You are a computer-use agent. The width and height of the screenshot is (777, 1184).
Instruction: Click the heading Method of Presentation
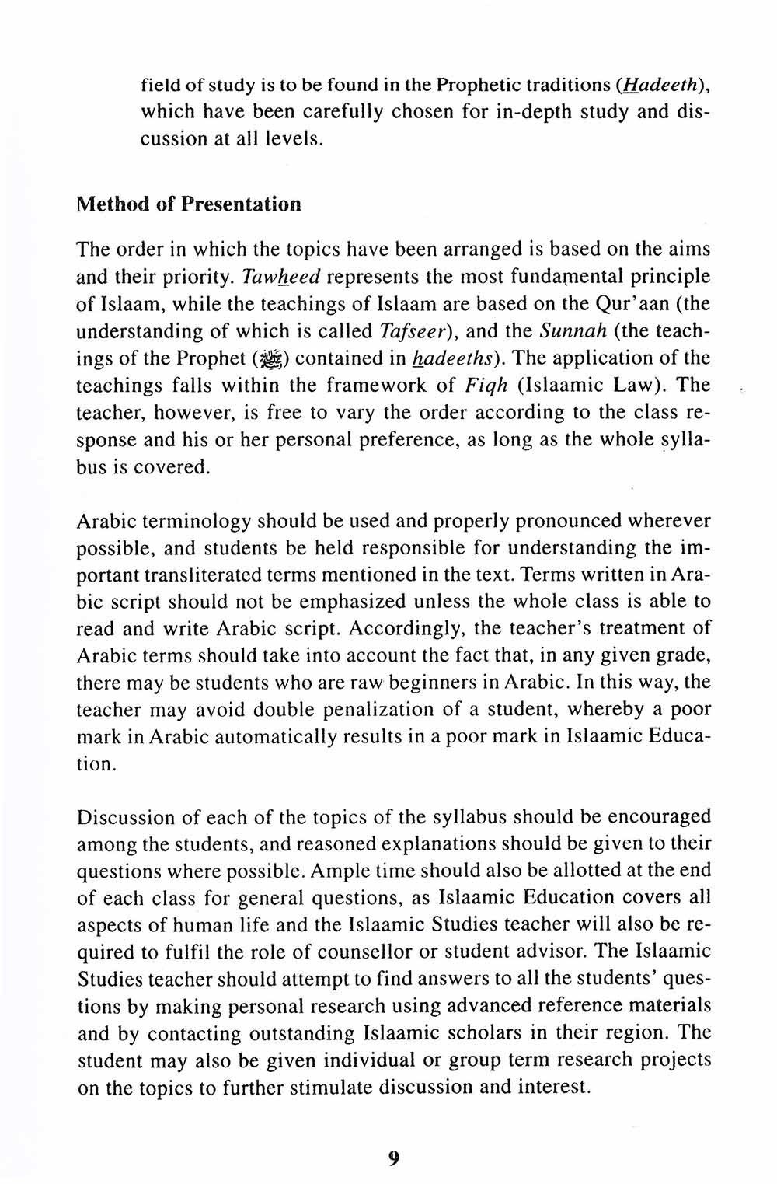(189, 205)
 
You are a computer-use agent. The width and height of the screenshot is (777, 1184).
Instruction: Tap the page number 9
(393, 1158)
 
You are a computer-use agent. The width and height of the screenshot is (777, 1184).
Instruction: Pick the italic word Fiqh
(486, 386)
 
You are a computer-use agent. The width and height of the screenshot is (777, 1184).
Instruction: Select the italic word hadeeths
(455, 359)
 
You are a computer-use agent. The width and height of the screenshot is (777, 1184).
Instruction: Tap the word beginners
(449, 683)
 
